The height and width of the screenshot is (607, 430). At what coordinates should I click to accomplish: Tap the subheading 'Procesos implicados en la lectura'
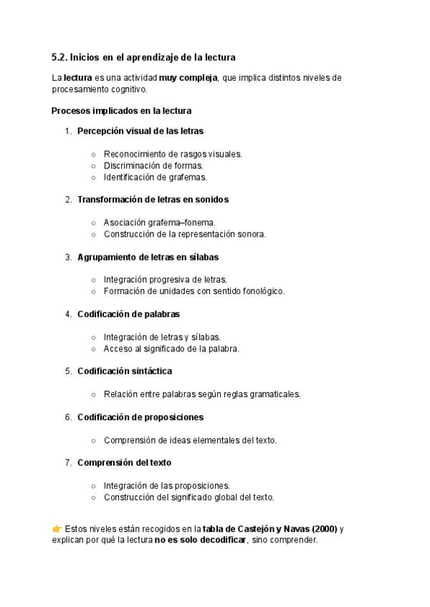click(121, 111)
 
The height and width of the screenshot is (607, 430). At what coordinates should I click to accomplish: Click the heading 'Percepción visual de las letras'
click(140, 131)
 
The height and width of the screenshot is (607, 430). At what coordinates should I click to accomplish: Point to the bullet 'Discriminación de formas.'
click(148, 165)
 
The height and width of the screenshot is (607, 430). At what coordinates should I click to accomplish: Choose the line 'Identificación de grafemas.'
click(155, 177)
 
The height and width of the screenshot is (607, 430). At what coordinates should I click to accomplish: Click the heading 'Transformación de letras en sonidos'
click(153, 200)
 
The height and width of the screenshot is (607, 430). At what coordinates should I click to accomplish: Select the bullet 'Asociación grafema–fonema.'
click(160, 223)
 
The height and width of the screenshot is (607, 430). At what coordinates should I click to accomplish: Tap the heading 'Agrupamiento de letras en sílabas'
click(148, 256)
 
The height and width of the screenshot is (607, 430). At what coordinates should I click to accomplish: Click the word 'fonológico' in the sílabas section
click(263, 291)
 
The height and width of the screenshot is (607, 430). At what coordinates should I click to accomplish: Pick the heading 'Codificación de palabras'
click(128, 314)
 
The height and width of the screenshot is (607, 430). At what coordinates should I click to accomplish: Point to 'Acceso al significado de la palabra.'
click(171, 349)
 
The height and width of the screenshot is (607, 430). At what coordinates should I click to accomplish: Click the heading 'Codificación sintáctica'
click(125, 371)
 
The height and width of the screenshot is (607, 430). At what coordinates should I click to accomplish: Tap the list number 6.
click(68, 417)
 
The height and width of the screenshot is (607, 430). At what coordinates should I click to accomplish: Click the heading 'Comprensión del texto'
click(124, 462)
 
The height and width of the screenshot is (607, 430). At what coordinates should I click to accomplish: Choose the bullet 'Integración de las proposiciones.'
click(167, 485)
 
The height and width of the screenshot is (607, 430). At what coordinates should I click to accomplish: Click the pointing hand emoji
click(57, 529)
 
